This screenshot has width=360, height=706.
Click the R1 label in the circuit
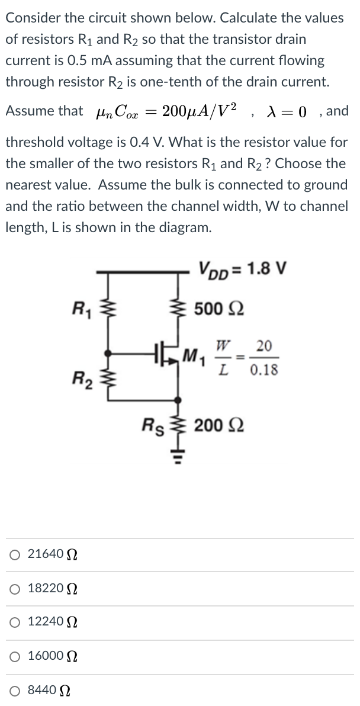click(78, 307)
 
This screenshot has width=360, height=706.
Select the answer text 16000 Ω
click(48, 657)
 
